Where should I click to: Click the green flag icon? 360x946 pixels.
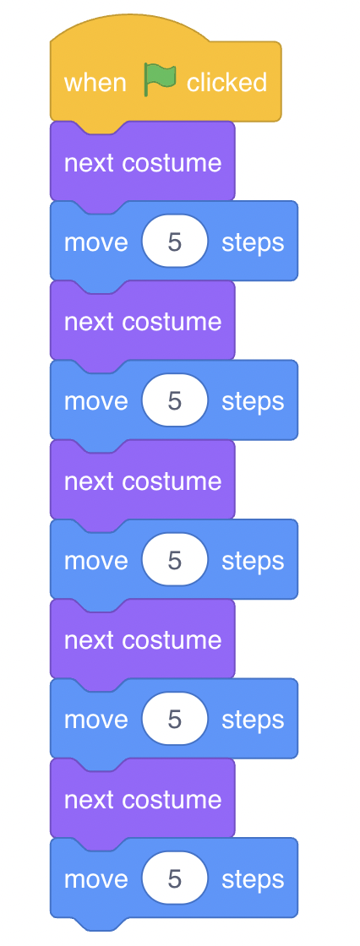(x=160, y=81)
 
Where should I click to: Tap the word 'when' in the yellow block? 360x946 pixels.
(x=95, y=82)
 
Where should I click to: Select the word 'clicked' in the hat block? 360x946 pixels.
(x=226, y=82)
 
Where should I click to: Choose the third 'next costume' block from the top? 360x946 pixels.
(x=143, y=481)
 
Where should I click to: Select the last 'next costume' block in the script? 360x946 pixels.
(x=143, y=799)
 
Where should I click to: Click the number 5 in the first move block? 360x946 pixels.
(x=175, y=242)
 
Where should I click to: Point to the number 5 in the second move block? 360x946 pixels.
(x=175, y=402)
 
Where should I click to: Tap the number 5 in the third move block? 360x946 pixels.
(x=175, y=561)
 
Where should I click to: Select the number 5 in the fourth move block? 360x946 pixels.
(x=175, y=720)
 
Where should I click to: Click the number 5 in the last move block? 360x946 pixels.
(x=175, y=879)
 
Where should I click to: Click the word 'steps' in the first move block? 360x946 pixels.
(x=253, y=243)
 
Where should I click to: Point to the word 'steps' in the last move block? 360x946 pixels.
(x=253, y=880)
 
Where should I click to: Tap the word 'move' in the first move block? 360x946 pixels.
(x=96, y=242)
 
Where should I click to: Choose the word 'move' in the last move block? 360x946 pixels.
(x=96, y=879)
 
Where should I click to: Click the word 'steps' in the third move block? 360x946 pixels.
(x=253, y=562)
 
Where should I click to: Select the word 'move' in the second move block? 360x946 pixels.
(x=96, y=402)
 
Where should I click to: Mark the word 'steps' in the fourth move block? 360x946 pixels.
(x=253, y=721)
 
